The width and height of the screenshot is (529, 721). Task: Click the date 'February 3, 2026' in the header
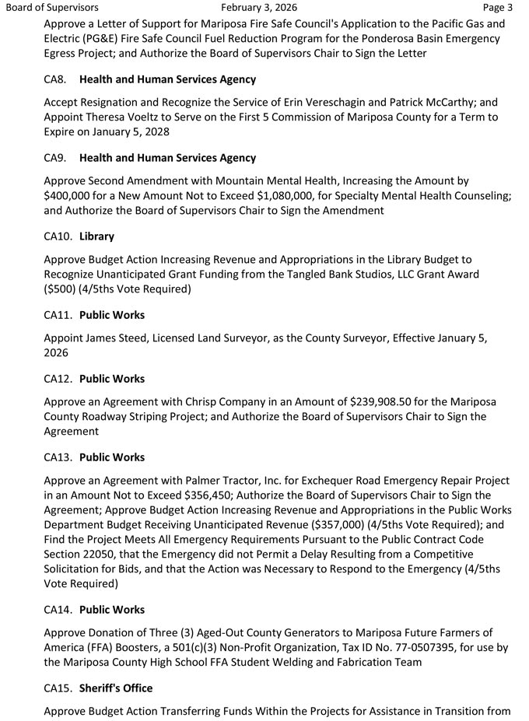(x=264, y=8)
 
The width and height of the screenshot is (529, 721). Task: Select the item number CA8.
(x=55, y=79)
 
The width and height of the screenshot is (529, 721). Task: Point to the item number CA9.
(x=55, y=158)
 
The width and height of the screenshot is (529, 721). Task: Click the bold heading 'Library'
(x=96, y=236)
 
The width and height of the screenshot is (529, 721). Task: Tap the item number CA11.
(x=58, y=315)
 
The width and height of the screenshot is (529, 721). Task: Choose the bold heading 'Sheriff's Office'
(x=116, y=688)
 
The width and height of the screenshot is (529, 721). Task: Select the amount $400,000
(x=74, y=195)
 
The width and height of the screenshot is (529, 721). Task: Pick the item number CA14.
(x=58, y=610)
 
